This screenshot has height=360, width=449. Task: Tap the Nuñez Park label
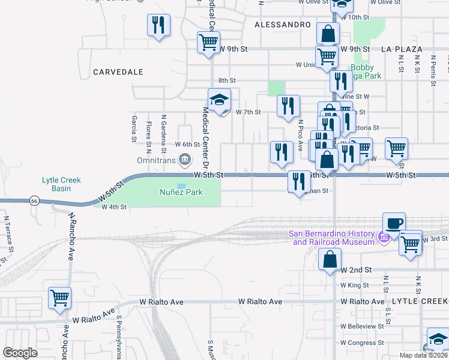[x=181, y=193]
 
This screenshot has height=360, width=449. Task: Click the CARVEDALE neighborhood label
[x=118, y=71]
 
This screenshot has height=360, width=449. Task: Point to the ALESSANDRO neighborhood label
[x=283, y=25]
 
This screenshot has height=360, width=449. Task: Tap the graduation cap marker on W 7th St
[x=219, y=100]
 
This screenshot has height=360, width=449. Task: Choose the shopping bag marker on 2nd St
[x=330, y=260]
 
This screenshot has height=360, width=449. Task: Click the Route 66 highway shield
[x=36, y=201]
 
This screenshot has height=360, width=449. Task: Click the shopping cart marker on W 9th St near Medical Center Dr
[x=208, y=43]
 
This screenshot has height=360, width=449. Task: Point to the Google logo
[x=20, y=353]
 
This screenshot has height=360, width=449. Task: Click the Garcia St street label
[x=134, y=130]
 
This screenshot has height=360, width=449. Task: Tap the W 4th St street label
[x=114, y=207]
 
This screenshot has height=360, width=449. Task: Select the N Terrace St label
[x=5, y=235]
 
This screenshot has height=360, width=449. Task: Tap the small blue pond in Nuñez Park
[x=181, y=185]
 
